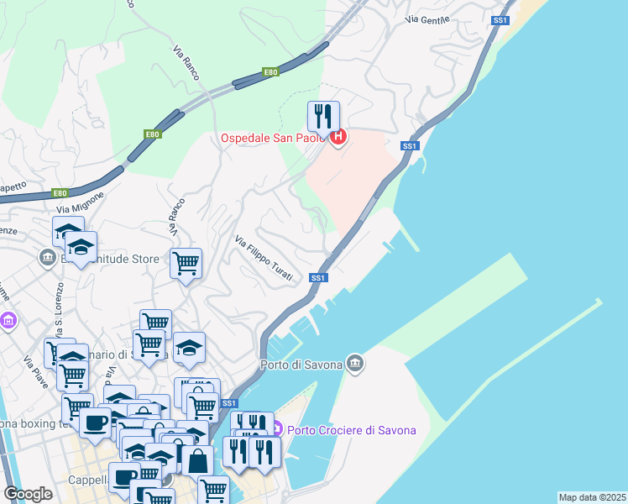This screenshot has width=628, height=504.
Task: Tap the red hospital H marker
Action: tap(338, 137)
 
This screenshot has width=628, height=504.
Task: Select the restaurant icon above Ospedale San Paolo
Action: tap(323, 116)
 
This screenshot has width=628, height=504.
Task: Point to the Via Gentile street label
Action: tap(427, 18)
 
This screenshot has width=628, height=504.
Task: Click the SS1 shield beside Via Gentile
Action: tap(500, 19)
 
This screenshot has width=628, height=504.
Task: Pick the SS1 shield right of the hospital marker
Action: tap(410, 146)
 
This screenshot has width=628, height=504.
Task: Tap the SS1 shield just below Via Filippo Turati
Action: tap(317, 277)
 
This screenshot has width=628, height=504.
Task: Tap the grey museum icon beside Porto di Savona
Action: tap(355, 363)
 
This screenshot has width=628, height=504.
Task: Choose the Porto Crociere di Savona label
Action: tap(352, 431)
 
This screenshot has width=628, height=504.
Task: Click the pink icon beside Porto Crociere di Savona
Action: tap(278, 430)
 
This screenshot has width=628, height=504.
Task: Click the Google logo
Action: tap(28, 494)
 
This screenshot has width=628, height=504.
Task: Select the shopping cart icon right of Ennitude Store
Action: tap(186, 264)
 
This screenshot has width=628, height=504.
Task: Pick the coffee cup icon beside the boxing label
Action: tap(96, 423)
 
